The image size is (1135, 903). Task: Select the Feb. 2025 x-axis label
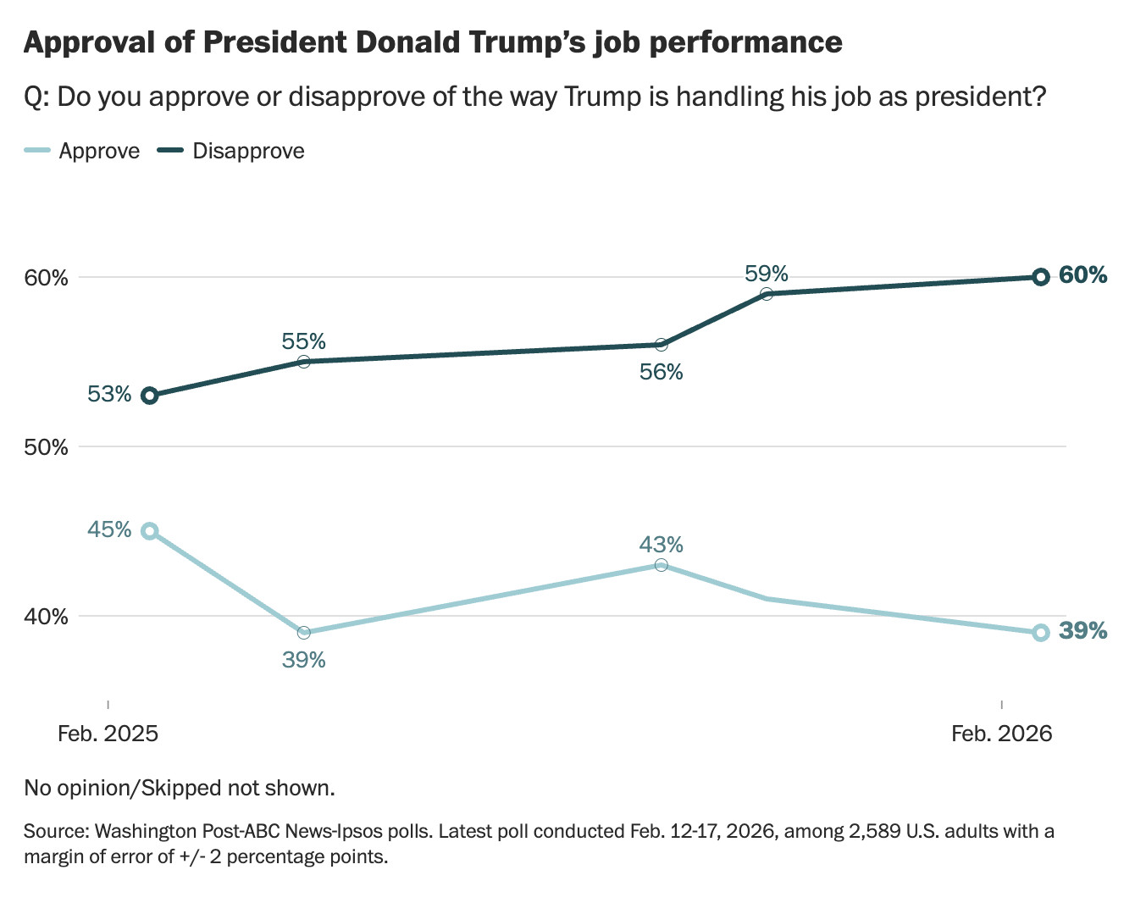tap(108, 734)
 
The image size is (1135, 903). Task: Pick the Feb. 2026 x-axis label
tap(1001, 734)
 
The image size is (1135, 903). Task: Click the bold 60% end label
tap(1083, 275)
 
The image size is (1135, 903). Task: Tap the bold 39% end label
tap(1083, 631)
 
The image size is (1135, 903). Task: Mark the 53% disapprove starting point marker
tap(150, 396)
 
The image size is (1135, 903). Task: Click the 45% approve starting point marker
tap(150, 531)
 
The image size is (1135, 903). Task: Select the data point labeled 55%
tap(304, 362)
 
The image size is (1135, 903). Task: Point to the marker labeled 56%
tap(661, 345)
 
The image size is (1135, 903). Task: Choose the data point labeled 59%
tap(767, 294)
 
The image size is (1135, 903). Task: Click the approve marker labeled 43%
tap(661, 565)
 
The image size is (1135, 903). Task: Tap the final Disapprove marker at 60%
tap(1041, 277)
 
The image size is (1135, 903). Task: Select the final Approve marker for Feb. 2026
tap(1041, 633)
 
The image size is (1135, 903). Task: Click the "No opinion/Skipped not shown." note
tap(180, 789)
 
